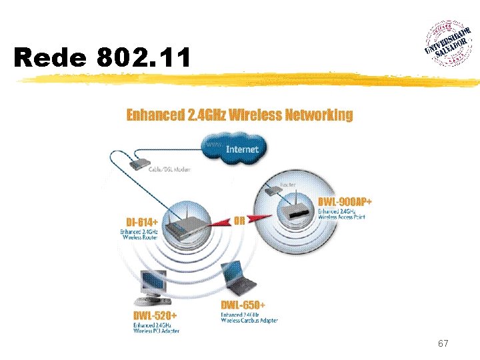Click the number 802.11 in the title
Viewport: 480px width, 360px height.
(143, 57)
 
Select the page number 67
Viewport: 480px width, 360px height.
(443, 344)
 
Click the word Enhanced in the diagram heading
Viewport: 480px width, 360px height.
(155, 115)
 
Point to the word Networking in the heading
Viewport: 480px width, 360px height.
(319, 115)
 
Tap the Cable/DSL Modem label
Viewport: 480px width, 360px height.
(169, 169)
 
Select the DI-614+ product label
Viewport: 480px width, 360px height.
(142, 222)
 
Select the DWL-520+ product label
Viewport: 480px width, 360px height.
(155, 315)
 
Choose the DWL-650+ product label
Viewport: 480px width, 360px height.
(243, 305)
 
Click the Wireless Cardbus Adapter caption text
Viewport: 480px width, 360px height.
(249, 321)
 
